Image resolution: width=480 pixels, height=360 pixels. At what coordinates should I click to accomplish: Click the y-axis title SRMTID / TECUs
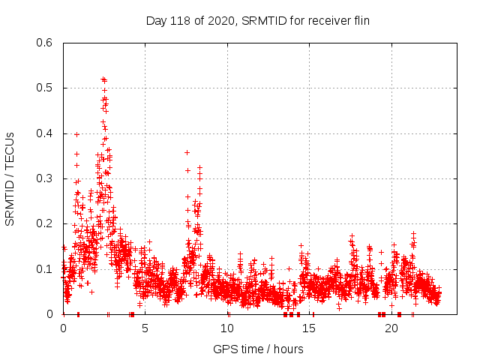click(10, 178)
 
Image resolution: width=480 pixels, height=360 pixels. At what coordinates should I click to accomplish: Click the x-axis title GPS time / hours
click(258, 349)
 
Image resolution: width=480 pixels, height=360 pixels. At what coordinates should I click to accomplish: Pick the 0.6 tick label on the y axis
click(46, 43)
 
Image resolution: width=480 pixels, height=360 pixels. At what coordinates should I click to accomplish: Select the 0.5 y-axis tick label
click(46, 88)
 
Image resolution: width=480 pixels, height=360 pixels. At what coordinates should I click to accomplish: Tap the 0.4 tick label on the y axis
click(46, 133)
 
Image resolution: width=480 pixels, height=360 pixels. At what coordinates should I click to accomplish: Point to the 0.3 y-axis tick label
click(46, 178)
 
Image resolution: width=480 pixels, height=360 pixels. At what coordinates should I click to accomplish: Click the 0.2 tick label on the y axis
click(46, 223)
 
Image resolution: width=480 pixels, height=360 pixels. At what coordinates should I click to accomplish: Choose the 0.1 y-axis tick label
click(46, 269)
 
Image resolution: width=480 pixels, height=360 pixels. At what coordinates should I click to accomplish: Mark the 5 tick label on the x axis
click(145, 328)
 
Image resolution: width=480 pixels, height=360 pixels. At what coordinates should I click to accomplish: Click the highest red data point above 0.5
click(103, 79)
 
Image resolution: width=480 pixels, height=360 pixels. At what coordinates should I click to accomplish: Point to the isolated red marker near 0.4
click(76, 134)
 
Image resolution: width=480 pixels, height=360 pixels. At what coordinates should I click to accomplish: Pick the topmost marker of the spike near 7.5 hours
click(187, 152)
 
